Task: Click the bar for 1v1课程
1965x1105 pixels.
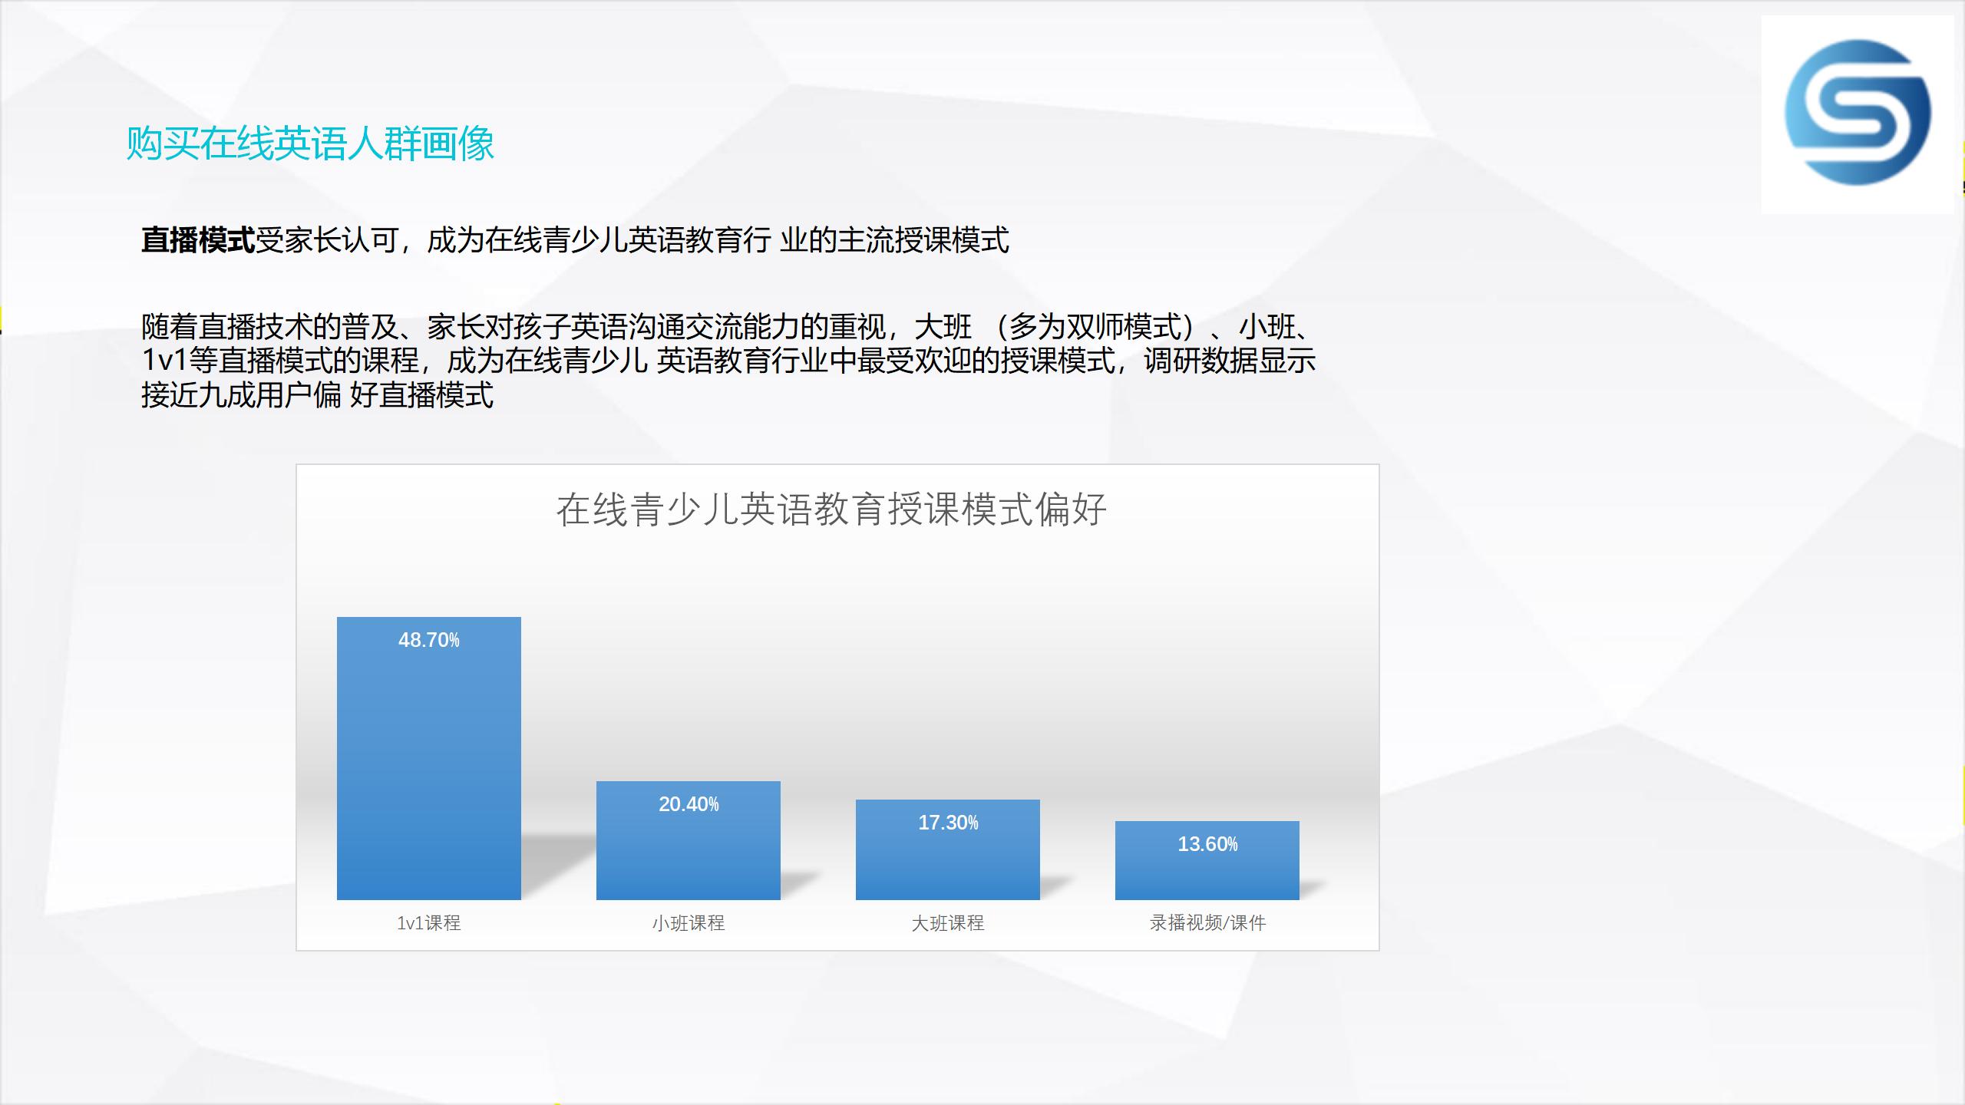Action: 429,758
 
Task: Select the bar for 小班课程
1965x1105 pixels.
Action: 689,840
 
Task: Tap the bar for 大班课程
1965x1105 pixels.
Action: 948,849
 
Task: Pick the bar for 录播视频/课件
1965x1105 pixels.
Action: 1207,860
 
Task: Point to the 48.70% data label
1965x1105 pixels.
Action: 429,640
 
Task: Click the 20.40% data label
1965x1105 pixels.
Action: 689,804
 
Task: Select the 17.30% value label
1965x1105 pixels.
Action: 948,823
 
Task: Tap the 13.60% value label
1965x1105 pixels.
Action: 1207,844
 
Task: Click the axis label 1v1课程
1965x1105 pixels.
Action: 429,923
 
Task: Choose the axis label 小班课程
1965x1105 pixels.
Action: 689,923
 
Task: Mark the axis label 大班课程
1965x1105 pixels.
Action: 948,923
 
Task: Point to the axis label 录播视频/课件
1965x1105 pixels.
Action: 1207,923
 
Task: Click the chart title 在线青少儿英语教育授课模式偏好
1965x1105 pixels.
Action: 831,510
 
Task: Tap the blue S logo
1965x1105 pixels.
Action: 1858,113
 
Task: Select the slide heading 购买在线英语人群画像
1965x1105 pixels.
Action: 310,143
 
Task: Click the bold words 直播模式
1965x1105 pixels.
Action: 198,240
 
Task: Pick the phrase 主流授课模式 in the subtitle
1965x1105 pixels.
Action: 923,240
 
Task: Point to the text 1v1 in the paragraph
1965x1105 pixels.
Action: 165,361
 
